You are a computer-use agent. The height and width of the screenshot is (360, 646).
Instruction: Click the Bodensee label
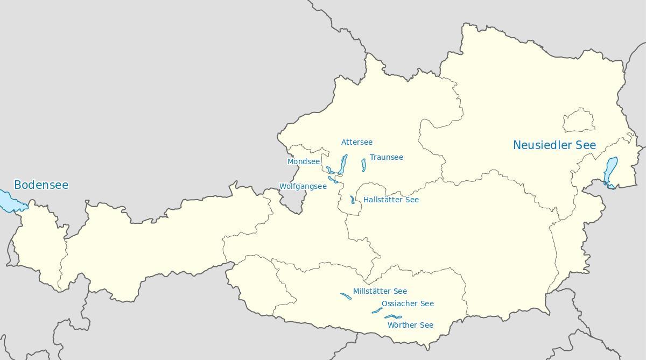pos(41,185)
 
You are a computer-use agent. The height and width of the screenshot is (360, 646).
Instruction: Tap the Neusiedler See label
pos(554,145)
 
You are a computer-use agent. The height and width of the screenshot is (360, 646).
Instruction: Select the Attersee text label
pos(357,142)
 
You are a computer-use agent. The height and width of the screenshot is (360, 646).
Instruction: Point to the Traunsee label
pos(386,157)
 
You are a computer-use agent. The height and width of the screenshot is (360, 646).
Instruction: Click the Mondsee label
pos(304,161)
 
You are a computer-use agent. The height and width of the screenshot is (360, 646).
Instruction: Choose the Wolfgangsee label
pos(303,186)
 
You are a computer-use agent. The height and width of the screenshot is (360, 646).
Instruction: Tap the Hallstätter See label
pos(391,200)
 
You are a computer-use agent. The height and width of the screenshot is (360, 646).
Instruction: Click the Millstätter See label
pos(380,291)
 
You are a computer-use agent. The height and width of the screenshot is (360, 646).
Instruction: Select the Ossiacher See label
pos(408,303)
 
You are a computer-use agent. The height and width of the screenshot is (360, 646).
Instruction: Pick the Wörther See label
pos(410,325)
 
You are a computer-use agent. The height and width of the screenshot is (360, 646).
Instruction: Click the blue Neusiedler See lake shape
pos(610,171)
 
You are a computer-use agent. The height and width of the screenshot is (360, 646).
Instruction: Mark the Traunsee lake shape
pos(364,165)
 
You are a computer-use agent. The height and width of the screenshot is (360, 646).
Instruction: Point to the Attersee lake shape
pos(343,164)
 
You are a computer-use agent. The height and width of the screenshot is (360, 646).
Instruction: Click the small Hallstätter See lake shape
pos(353,200)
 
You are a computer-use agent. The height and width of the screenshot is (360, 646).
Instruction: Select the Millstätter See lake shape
pos(346,295)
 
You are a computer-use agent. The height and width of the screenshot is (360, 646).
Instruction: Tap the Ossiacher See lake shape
pos(377,310)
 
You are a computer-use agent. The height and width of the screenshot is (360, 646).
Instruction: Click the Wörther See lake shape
pos(393,317)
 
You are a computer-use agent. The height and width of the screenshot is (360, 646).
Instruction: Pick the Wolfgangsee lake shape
pos(333,179)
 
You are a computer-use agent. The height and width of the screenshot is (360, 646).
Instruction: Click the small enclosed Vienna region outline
pos(579,121)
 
